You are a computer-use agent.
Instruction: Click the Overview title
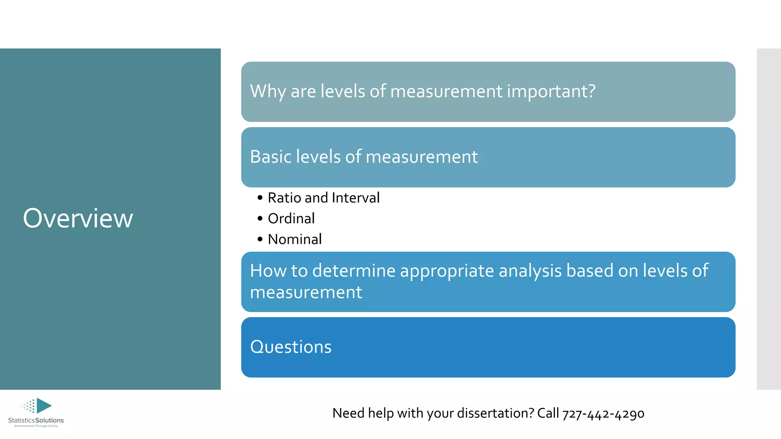78,218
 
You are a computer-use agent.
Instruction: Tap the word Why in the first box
268,91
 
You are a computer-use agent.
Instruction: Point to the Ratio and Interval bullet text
323,198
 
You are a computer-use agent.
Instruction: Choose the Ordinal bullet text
291,218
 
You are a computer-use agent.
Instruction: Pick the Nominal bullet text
294,239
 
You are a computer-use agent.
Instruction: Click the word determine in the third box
354,271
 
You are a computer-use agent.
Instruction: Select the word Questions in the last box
291,347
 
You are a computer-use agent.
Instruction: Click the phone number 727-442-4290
603,413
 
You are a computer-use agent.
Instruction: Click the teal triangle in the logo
43,405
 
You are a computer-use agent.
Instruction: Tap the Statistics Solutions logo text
36,420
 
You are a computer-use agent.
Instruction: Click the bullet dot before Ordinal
260,218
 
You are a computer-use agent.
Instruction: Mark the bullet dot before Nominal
260,239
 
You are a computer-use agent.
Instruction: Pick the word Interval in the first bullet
355,198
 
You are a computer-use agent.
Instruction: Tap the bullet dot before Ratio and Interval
260,198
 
